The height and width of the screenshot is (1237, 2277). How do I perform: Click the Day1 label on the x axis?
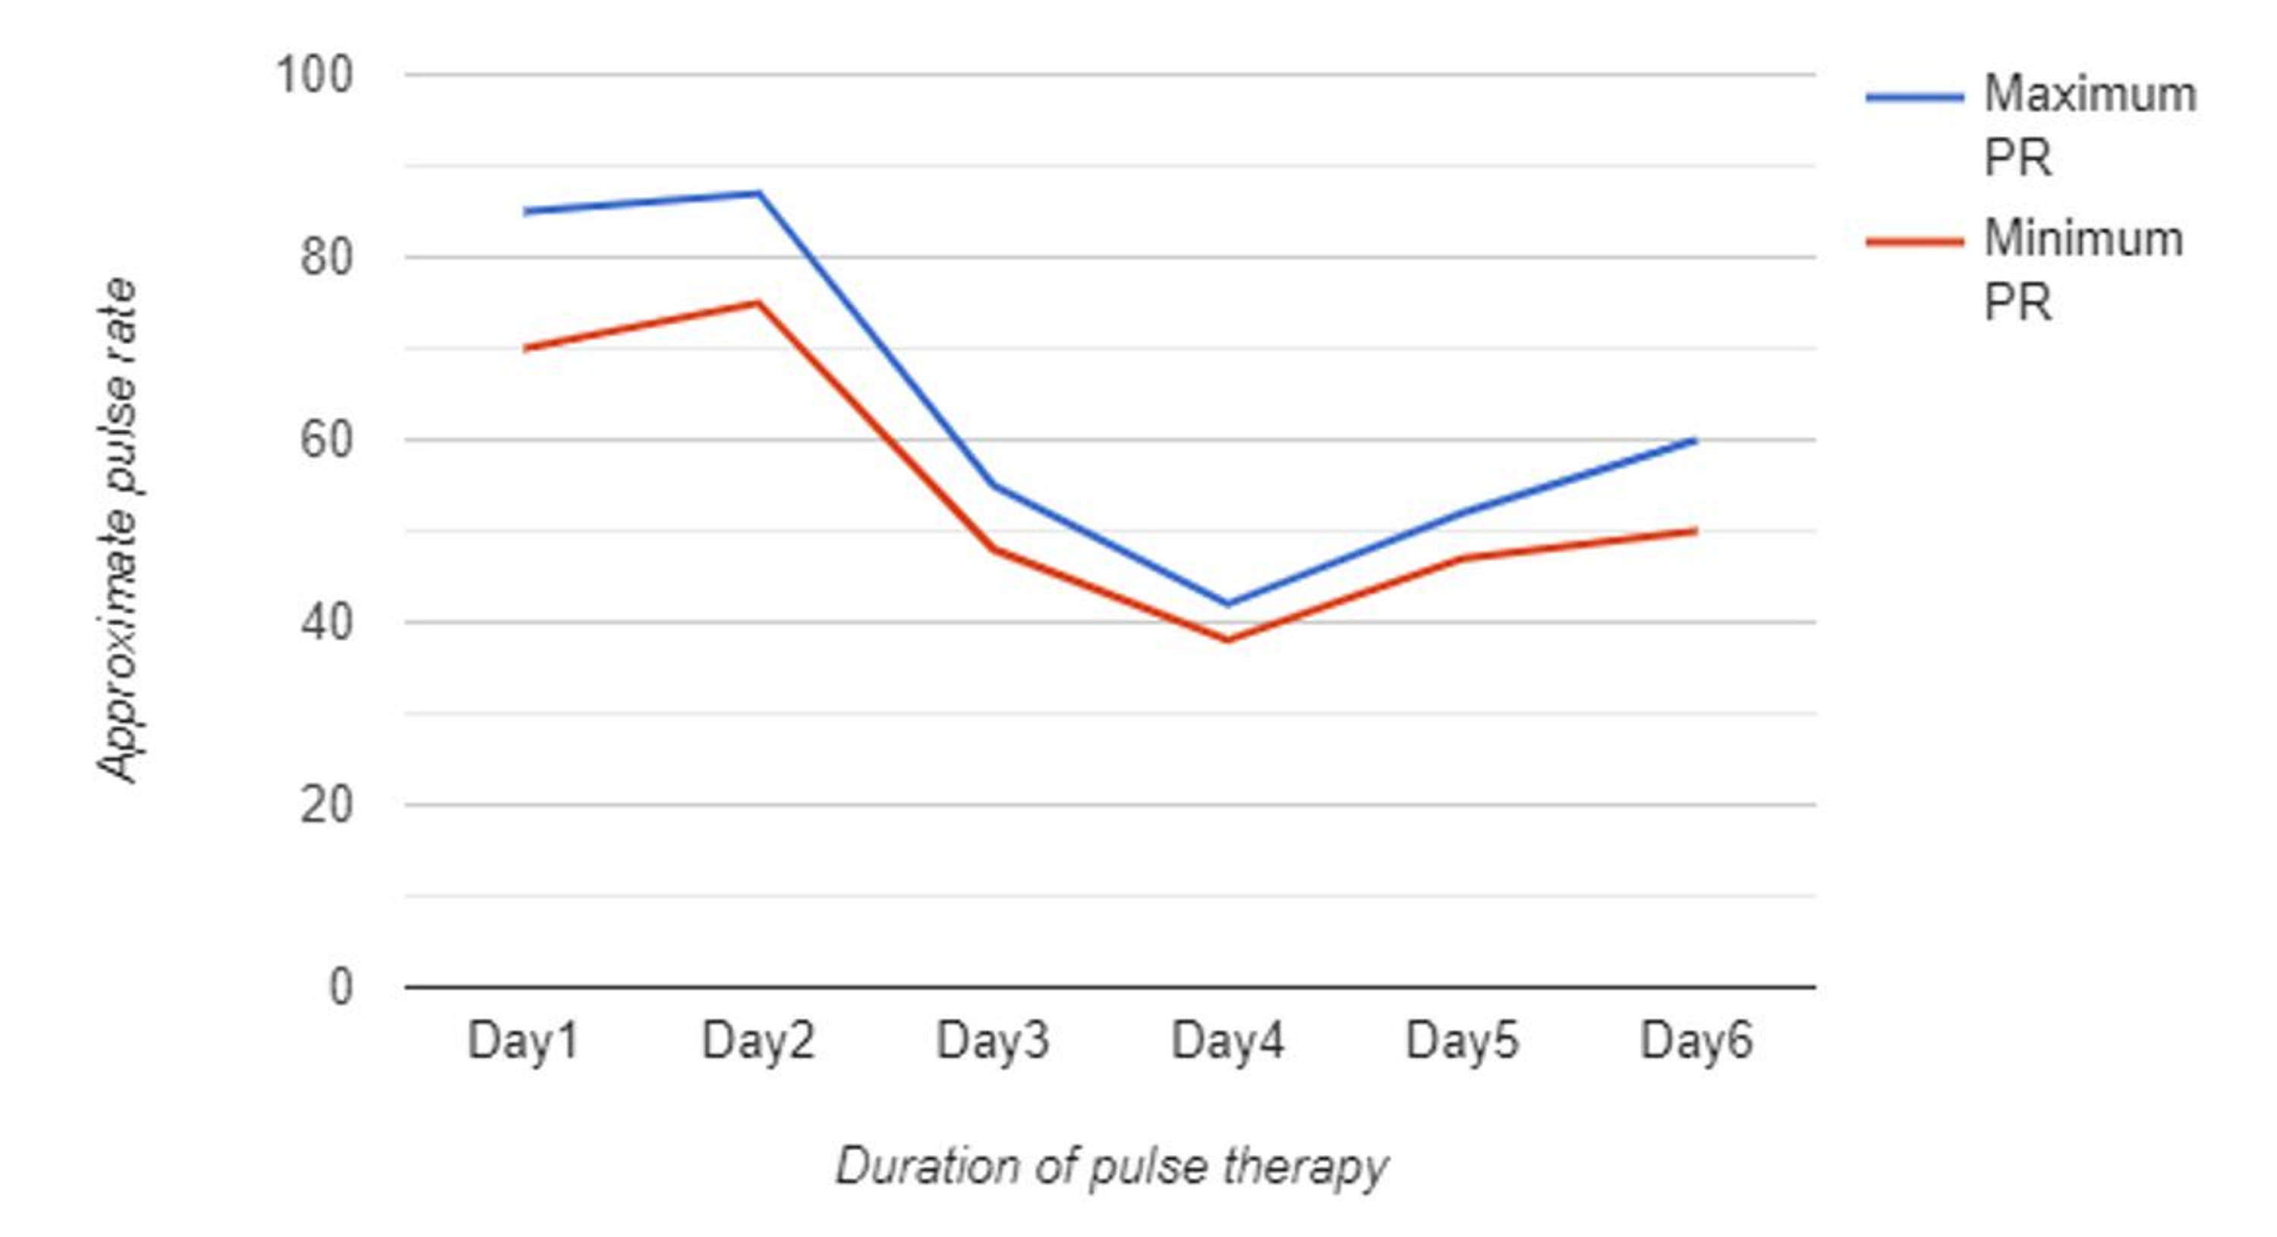coord(522,1040)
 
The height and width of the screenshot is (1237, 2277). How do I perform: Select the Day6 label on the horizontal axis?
coord(1696,1040)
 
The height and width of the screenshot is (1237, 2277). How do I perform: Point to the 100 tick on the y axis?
coord(315,75)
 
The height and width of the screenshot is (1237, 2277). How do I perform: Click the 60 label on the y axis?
coord(326,439)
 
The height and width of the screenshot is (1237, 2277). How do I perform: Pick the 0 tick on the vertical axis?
coord(342,986)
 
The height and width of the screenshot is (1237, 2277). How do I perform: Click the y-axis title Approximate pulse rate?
coord(118,530)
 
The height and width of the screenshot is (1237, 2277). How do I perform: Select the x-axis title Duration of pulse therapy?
coord(1111,1166)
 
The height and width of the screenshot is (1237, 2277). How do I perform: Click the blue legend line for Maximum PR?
coord(1913,97)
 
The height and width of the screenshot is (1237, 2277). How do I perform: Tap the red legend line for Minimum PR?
coord(1913,241)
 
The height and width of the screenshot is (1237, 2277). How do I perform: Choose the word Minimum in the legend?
coord(2083,239)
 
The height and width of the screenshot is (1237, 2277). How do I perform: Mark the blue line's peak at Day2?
coord(758,193)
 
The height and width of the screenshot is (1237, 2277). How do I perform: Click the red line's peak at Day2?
coord(757,303)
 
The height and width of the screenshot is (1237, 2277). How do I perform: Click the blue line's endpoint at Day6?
coord(1695,440)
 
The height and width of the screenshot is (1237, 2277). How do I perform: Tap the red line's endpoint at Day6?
coord(1695,531)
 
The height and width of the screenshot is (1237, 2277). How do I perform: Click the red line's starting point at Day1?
coord(525,349)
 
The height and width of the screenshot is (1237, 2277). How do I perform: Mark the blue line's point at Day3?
coord(993,485)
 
